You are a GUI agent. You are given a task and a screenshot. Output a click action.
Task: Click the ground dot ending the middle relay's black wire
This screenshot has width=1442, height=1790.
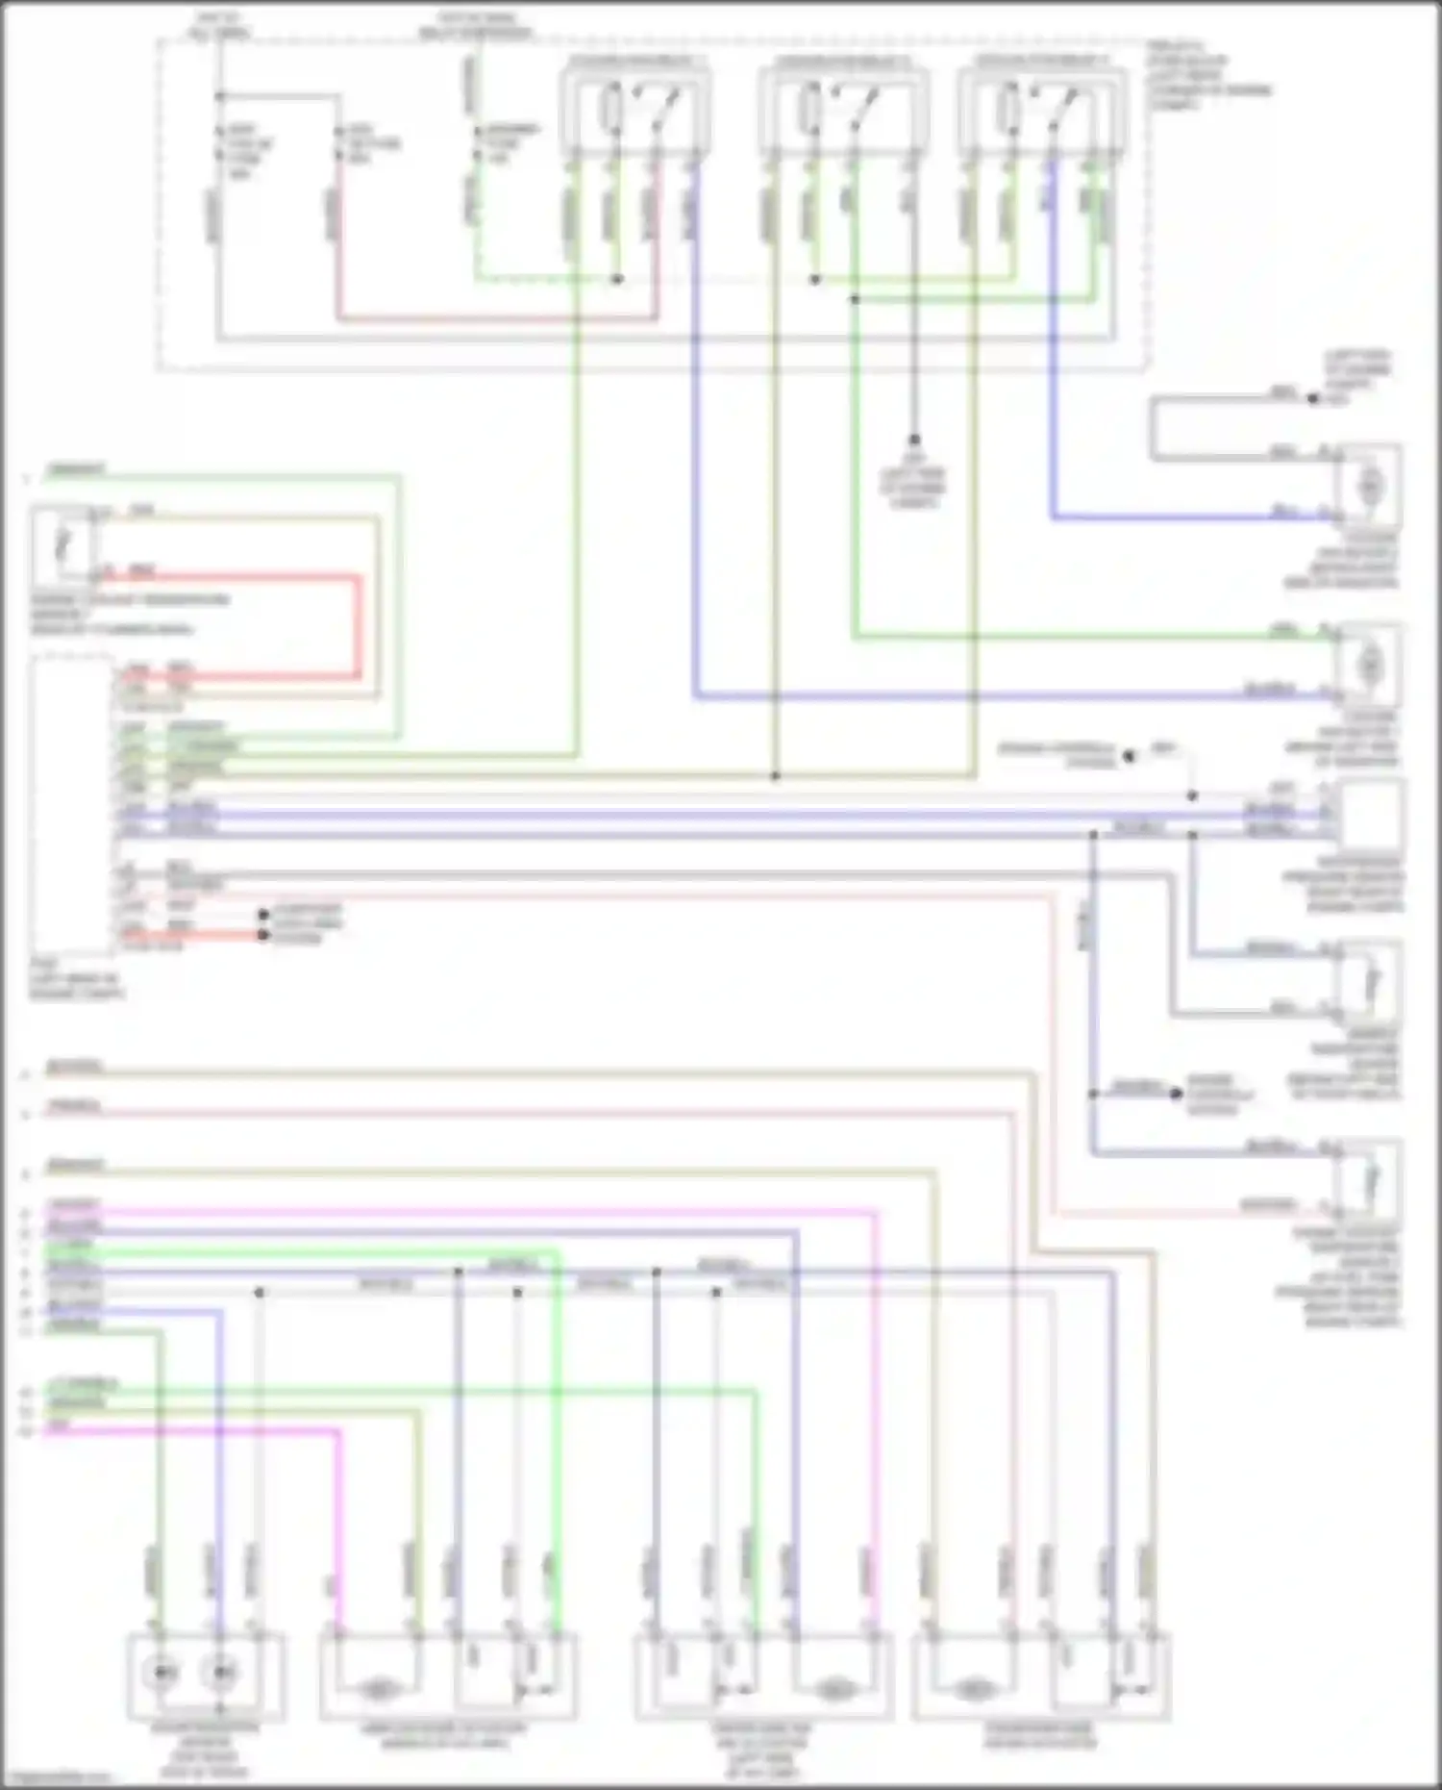point(914,440)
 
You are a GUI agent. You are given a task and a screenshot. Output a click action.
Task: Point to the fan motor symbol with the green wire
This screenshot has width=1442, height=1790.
point(1370,664)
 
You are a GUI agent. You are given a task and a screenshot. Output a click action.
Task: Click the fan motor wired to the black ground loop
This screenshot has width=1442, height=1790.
point(1370,486)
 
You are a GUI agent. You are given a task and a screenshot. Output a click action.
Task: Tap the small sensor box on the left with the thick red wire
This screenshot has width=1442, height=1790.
point(62,545)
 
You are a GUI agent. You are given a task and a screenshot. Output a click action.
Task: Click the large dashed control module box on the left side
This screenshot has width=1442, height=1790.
point(72,803)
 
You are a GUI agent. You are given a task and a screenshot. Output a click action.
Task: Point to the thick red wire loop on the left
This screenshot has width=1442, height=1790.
point(360,625)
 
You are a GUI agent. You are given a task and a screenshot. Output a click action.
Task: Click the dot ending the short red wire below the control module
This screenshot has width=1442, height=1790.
point(263,935)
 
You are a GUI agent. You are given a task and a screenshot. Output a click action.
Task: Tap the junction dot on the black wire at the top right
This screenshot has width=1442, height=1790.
point(1312,398)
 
